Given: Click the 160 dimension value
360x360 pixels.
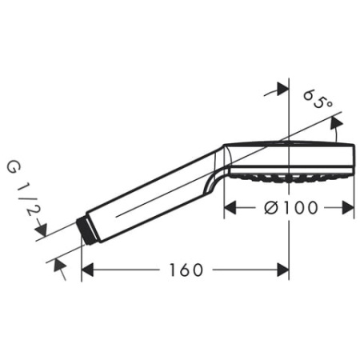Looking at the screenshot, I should pos(186,270).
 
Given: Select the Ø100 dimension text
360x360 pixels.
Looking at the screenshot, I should pos(290,208).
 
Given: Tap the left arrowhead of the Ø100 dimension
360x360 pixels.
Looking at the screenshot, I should pos(229,208).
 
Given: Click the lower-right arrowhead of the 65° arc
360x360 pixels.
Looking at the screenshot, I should pos(337,123).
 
